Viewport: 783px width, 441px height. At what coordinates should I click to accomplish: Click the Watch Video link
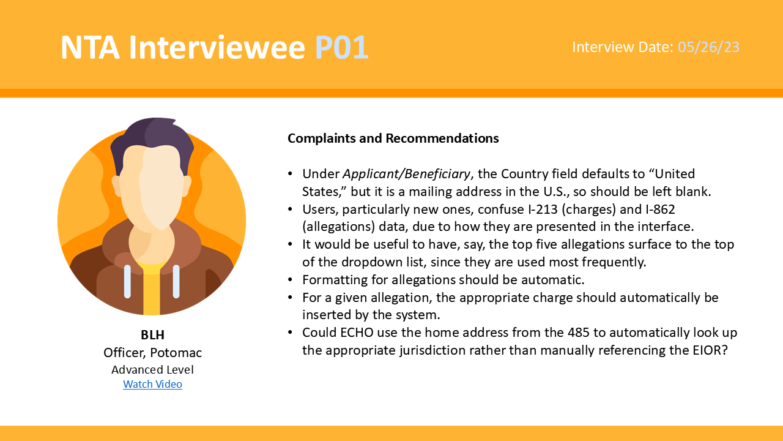pos(152,384)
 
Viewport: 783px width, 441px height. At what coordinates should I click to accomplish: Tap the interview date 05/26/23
pos(708,47)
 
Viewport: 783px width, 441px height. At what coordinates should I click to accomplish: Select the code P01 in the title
pos(341,47)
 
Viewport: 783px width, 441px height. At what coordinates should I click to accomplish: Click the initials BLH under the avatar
pos(152,335)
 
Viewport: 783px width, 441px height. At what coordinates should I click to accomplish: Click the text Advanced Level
pos(152,369)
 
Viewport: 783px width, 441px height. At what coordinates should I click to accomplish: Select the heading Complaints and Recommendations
pos(393,138)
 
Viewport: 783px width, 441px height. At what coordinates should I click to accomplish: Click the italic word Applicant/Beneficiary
pos(407,174)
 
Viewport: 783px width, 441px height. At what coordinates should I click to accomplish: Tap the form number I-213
pos(543,209)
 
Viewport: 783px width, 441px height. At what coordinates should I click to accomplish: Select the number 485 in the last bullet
pos(579,333)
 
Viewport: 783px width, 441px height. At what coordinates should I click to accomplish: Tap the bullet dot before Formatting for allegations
pos(290,280)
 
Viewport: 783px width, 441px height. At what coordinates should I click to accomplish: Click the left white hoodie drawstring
pos(128,281)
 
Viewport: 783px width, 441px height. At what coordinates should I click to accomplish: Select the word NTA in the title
pos(90,47)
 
